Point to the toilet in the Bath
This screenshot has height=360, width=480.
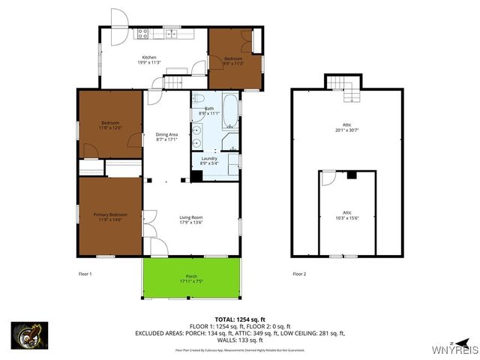click(197, 99)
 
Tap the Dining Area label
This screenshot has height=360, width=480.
click(166, 136)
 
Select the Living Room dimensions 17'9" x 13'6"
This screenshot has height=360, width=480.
click(190, 222)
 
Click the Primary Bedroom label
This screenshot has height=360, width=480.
click(110, 217)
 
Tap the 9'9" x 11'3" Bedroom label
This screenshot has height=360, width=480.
click(233, 61)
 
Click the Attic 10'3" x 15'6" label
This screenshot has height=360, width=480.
click(346, 215)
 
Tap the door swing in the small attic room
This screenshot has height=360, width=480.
click(328, 178)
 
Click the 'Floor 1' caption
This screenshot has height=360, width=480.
click(85, 274)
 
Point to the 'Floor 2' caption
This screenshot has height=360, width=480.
click(299, 274)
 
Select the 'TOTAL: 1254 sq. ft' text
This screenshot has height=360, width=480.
click(239, 319)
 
